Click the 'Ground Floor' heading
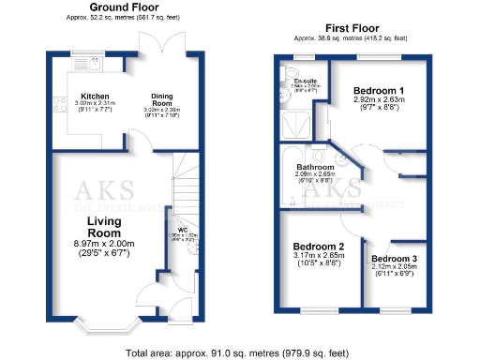pyautogui.click(x=122, y=7)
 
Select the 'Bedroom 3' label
pyautogui.click(x=393, y=258)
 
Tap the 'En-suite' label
pyautogui.click(x=304, y=82)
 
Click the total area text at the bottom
pyautogui.click(x=240, y=352)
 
